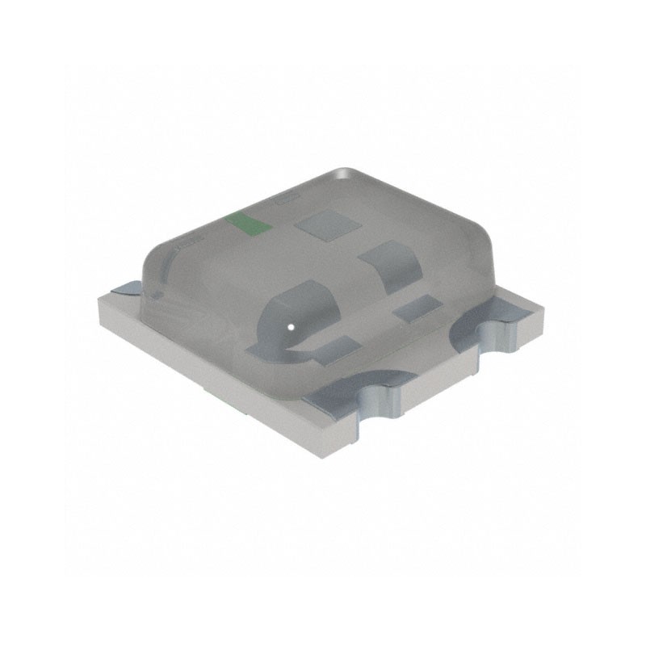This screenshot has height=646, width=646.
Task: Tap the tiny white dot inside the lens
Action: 289,327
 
